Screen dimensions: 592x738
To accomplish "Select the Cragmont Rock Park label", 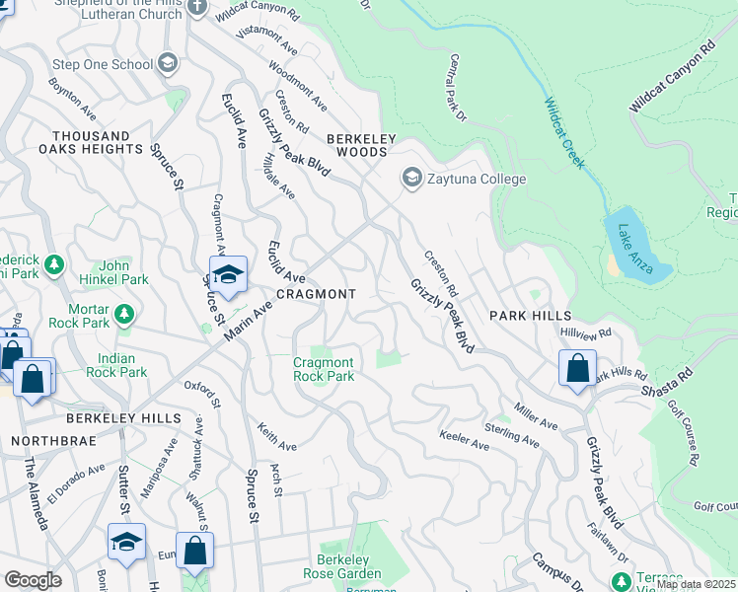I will pos(324,370).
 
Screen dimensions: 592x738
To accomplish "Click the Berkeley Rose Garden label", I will pos(341,566).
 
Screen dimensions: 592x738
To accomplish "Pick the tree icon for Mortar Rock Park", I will pos(124,314).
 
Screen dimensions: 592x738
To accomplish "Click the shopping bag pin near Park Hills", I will pos(577,369).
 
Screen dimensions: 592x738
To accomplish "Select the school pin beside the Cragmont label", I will pos(227,276).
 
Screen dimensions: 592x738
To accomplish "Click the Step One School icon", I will pos(168,64).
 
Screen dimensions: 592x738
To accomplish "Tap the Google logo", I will pos(33,580).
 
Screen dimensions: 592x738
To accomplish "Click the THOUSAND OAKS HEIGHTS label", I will pos(91,142).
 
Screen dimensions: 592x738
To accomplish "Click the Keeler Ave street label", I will pos(464,441).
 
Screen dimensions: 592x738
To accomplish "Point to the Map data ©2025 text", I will pos(695,584).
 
